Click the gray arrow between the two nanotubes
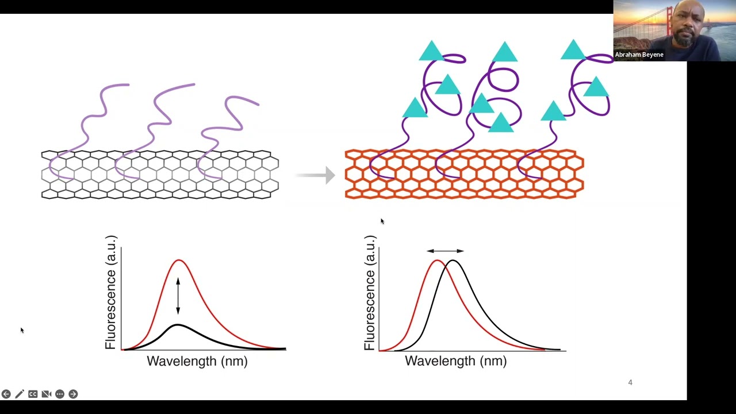coord(316,175)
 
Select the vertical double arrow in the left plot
coord(178,296)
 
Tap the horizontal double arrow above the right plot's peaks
coord(445,251)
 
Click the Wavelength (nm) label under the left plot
coord(197,361)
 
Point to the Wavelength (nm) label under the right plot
coord(455,361)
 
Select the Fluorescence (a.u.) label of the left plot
coord(111,293)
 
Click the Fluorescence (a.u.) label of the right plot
coord(370,293)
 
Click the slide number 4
coord(630,382)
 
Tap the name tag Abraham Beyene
coord(639,55)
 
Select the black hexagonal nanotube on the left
coord(160,175)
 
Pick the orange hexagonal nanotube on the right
coord(464,174)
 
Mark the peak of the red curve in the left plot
coord(179,260)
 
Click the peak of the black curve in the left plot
coord(178,325)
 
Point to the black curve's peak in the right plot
coord(453,261)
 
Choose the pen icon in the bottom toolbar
coord(20,394)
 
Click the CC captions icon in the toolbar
coord(33,394)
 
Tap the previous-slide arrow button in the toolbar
coord(6,394)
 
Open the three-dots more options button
coord(60,394)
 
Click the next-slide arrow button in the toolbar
coord(73,394)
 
